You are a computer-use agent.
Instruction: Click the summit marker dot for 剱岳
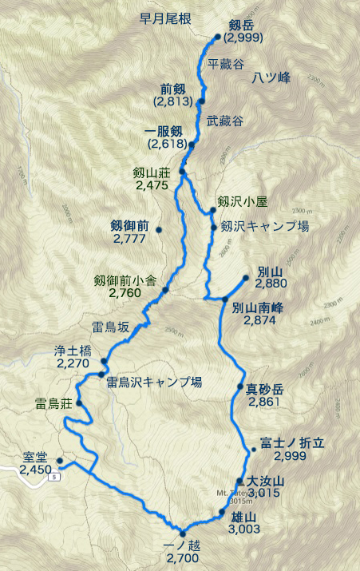click(x=218, y=37)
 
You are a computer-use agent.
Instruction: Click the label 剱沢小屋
click(x=240, y=199)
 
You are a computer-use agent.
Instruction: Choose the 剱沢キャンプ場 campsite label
click(x=263, y=226)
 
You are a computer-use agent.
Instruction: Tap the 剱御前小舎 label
click(x=124, y=280)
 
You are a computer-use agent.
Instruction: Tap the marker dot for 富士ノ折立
click(x=252, y=449)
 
